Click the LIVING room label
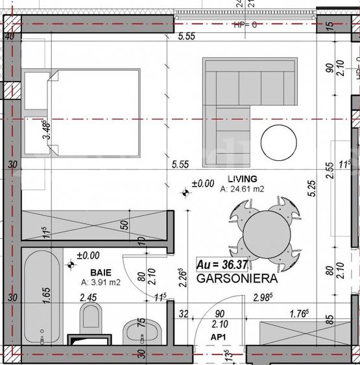[x=242, y=178]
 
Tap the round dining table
[x=265, y=231]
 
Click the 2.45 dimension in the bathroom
[x=88, y=298]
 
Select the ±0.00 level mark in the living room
[x=202, y=184]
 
